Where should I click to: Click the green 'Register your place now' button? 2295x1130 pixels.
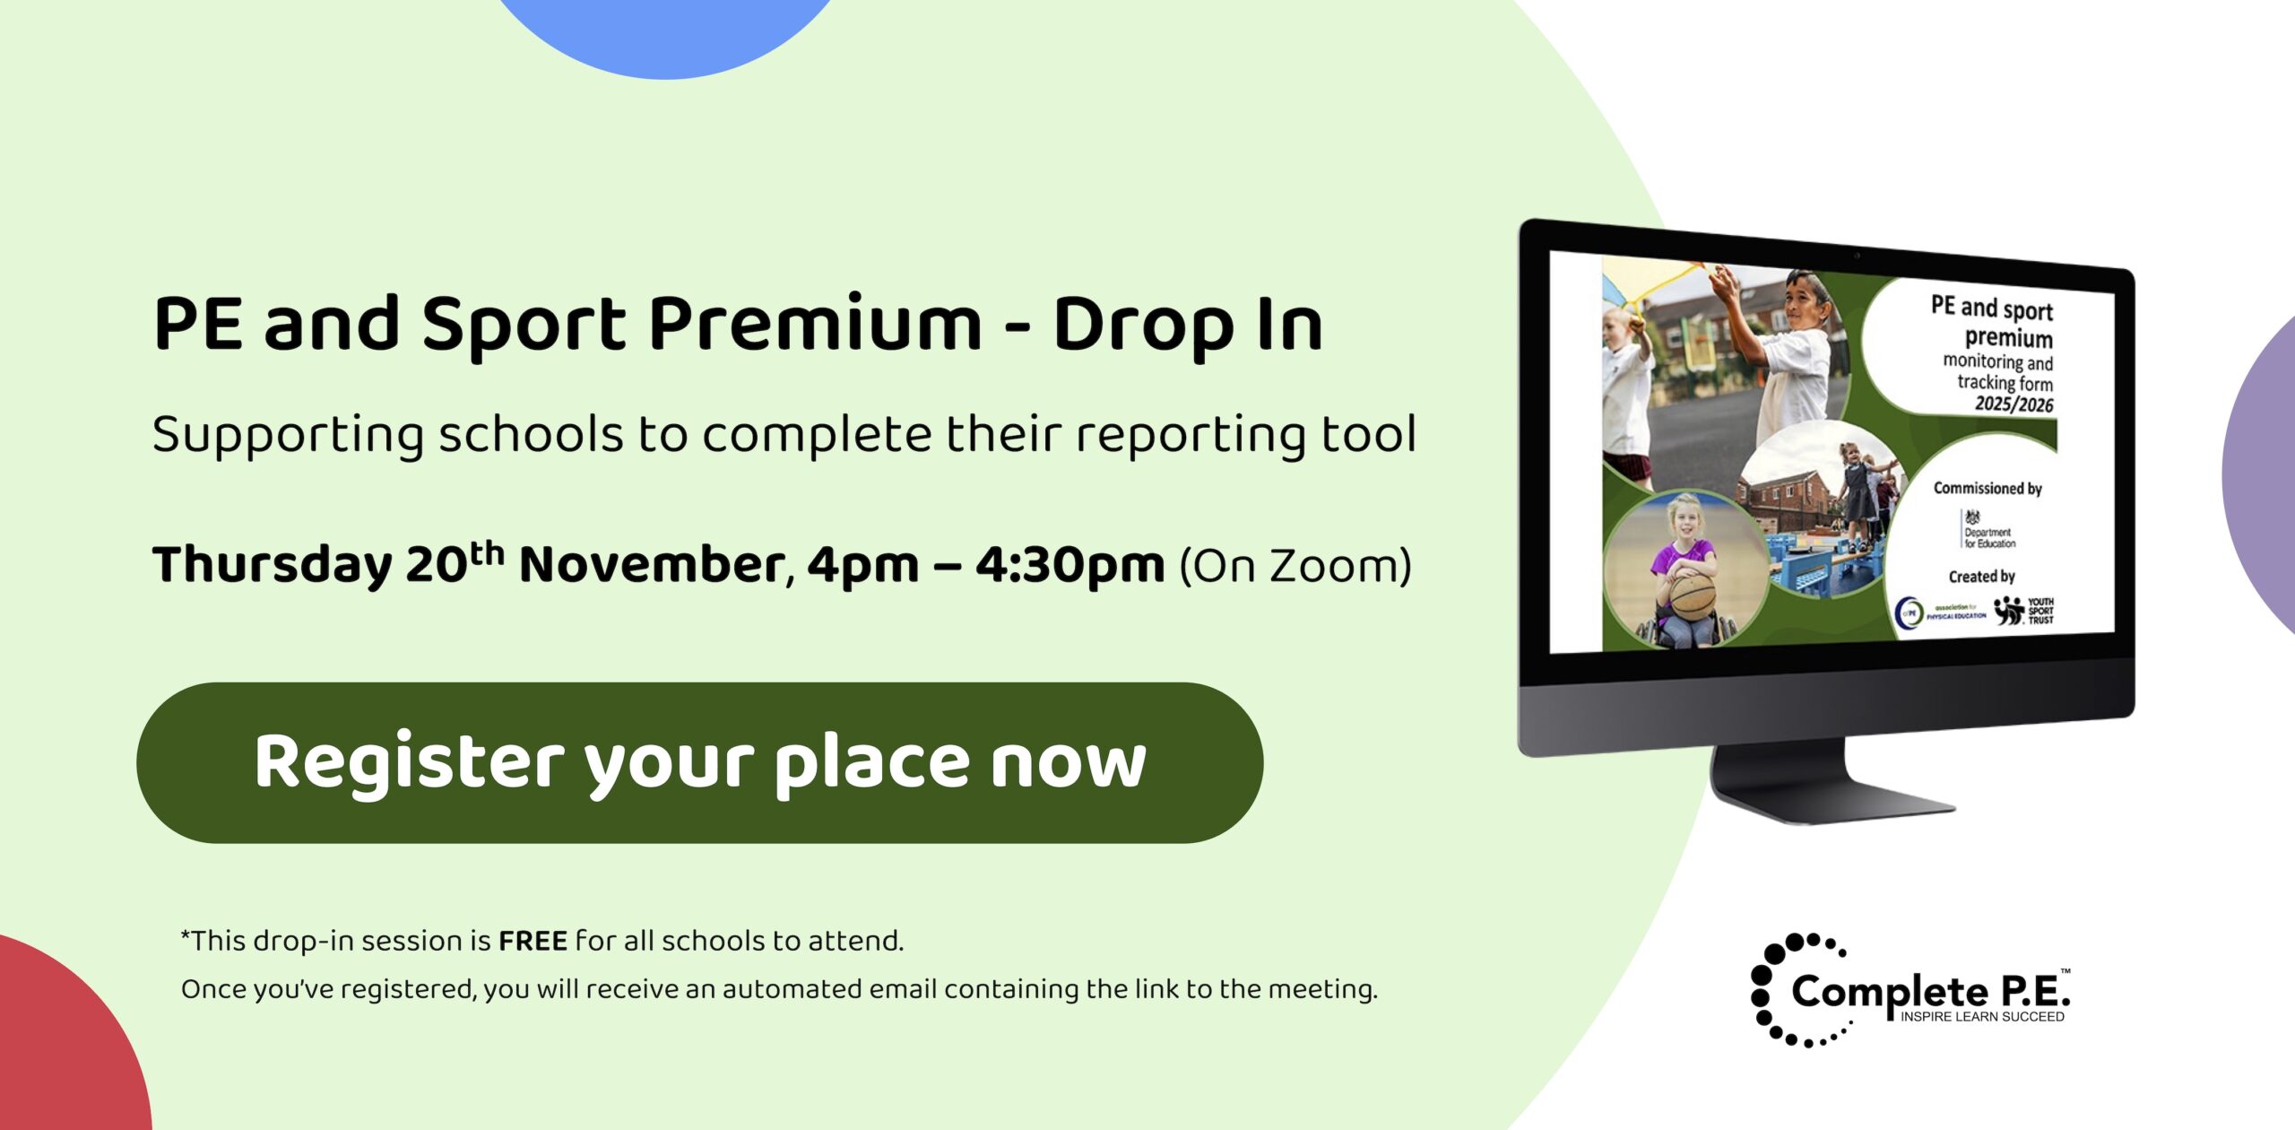tap(699, 762)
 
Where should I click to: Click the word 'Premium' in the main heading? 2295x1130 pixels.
tap(816, 325)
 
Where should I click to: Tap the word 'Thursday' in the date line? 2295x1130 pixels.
tap(272, 566)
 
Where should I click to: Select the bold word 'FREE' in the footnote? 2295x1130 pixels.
tap(533, 941)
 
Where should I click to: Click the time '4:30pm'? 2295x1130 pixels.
tap(1070, 566)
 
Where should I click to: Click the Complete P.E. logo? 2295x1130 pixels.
tap(1910, 991)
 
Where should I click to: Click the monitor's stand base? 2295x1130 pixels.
tap(1829, 794)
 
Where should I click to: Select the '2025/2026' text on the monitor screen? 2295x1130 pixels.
tap(2014, 404)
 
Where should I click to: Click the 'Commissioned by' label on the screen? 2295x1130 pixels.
tap(1987, 489)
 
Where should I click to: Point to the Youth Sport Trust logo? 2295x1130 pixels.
tap(2024, 611)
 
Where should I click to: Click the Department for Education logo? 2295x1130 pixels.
tap(1987, 530)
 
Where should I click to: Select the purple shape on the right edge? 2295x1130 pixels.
tap(2264, 475)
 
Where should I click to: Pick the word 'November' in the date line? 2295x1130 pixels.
tap(653, 566)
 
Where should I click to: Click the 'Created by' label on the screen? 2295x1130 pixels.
tap(1981, 577)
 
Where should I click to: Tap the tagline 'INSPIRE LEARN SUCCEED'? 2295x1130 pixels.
tap(1982, 1017)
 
